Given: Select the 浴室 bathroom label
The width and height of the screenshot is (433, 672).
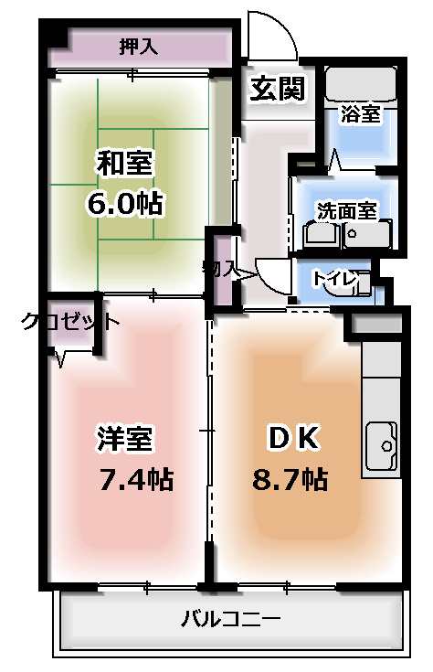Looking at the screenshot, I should [360, 113].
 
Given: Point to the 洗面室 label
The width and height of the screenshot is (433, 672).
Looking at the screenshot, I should [346, 209].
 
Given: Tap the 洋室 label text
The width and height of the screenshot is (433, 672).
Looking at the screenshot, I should [124, 438].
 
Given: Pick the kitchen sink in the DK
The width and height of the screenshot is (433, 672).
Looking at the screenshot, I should [382, 449].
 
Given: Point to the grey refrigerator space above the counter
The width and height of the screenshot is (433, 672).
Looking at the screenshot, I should [376, 325].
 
